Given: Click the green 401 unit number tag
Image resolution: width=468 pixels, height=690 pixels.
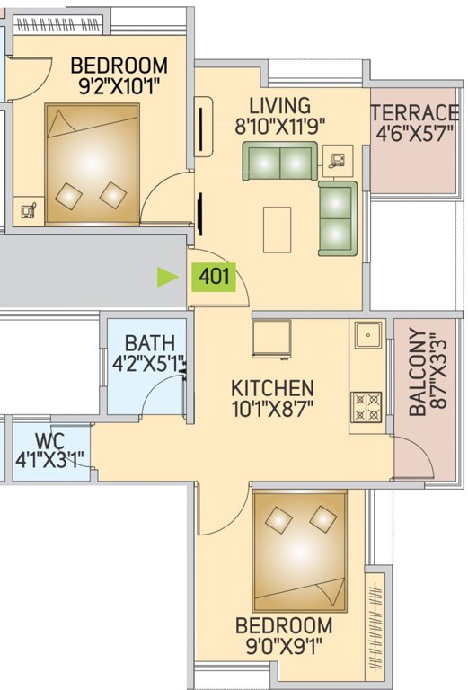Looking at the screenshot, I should (213, 277).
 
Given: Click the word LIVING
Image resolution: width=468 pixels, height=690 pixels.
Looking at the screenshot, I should (280, 106).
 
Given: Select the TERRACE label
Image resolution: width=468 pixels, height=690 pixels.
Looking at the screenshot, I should (414, 113).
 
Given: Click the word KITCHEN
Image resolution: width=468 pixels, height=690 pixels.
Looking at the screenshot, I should (272, 388).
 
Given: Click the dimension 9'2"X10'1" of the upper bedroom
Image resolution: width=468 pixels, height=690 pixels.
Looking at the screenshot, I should (119, 88).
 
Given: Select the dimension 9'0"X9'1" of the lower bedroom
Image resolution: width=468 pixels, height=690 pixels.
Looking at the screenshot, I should (283, 646).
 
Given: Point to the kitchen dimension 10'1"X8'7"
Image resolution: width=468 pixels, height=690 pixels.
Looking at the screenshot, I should (273, 411).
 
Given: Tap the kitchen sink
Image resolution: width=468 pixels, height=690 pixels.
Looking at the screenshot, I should (367, 335).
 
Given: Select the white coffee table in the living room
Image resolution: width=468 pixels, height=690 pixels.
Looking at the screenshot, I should (277, 229).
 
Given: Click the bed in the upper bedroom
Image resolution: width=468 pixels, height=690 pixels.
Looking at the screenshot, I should (93, 164).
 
